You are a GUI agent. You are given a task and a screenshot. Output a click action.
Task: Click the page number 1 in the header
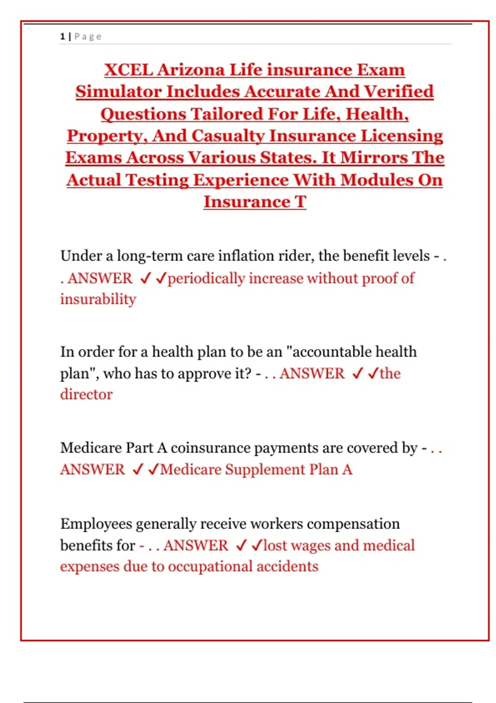point(62,36)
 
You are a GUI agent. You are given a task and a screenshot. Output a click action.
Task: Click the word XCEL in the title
point(128,69)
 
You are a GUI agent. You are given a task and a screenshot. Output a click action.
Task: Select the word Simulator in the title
point(118,92)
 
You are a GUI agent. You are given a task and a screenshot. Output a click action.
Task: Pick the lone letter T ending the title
point(300,202)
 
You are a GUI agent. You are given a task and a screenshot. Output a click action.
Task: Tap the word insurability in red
point(98,299)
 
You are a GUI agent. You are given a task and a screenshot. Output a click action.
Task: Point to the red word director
point(86,395)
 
